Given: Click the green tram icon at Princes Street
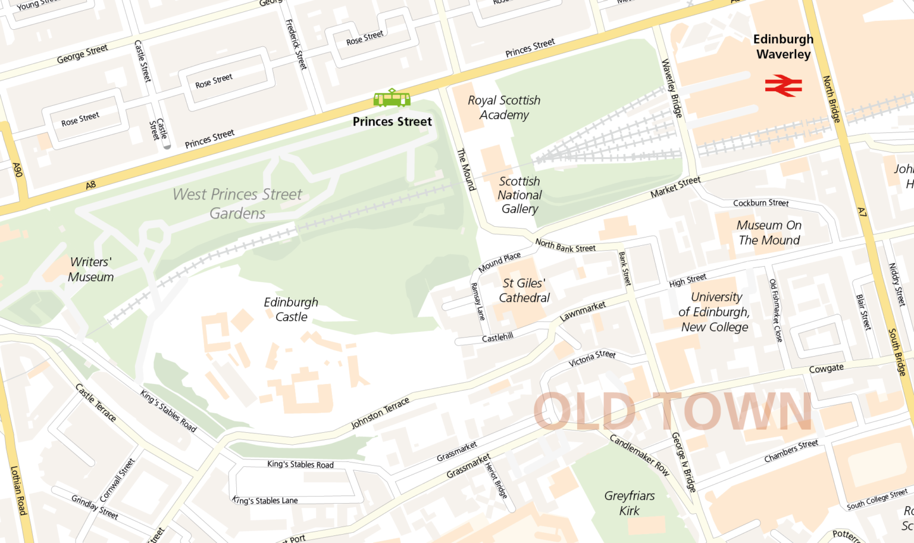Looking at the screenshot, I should tap(392, 98).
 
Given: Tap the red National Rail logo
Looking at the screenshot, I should tap(783, 86).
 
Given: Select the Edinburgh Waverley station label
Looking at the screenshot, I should tap(783, 46).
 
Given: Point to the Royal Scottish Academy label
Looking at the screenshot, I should tap(504, 108).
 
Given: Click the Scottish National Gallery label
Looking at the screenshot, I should tap(519, 195).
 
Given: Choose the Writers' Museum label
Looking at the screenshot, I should tap(90, 269).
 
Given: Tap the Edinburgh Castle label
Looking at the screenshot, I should tap(291, 310).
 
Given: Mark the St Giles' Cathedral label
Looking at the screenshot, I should tap(524, 291).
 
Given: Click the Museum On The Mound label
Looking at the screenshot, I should tap(769, 233).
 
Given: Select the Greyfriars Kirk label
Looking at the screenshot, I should tap(629, 503).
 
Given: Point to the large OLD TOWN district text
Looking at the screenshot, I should tap(672, 411).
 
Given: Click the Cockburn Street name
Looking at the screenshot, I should tap(760, 203).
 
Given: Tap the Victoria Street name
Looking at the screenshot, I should tap(591, 358).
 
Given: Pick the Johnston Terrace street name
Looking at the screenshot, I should tap(380, 413).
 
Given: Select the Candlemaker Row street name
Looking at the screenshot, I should tap(639, 455).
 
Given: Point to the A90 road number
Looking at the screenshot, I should tap(17, 170).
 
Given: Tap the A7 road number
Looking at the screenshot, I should tap(862, 211).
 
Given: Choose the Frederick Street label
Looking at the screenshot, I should tap(296, 45).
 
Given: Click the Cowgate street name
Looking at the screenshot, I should tap(826, 369).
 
